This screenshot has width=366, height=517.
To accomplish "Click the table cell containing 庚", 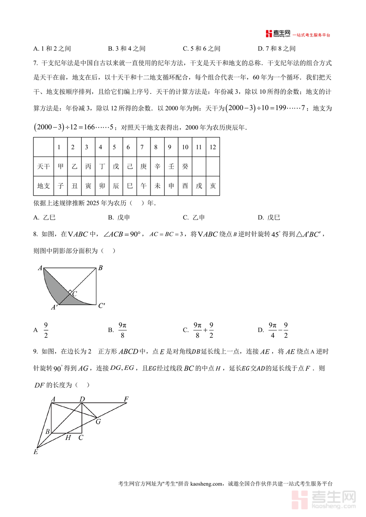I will tap(143, 166).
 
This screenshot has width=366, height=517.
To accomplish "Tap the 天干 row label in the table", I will tap(44, 166).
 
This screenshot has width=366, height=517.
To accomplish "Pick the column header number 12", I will tap(212, 147).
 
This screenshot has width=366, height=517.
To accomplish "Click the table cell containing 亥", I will tap(212, 186).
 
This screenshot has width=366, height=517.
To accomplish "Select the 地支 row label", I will tap(44, 186).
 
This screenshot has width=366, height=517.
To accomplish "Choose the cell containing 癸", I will tap(185, 166).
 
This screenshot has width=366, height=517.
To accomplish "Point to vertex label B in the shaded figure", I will tap(100, 268).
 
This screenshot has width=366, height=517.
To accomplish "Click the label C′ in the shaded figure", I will tap(102, 306).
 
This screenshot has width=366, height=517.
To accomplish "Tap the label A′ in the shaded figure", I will tap(54, 308).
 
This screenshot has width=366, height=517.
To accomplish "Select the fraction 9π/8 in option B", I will tap(122, 330).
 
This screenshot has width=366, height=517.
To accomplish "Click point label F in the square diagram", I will tap(126, 399).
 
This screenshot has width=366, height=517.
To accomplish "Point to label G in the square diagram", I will tap(98, 421).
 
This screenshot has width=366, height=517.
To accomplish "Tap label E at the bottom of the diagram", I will tap(36, 452).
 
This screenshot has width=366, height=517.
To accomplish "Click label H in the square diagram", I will tap(68, 437).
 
